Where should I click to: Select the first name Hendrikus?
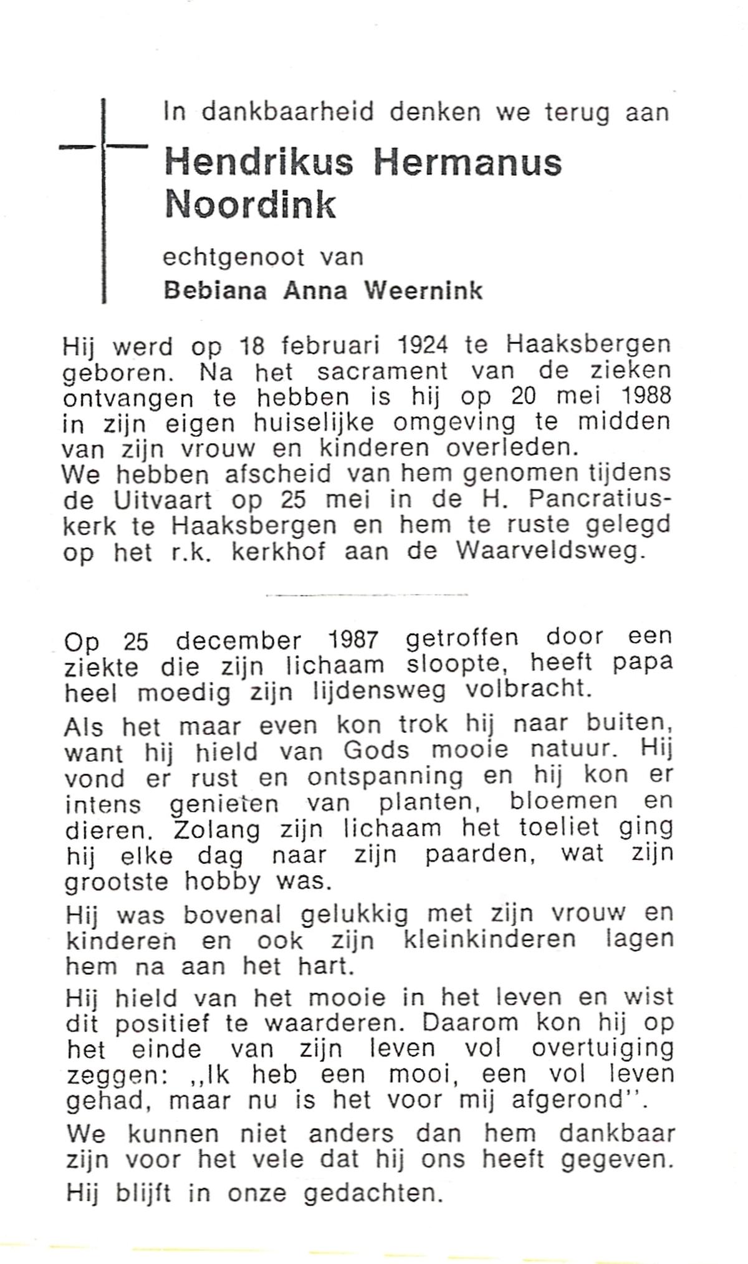click(x=259, y=163)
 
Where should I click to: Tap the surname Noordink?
click(x=250, y=205)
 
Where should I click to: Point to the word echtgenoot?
click(x=234, y=257)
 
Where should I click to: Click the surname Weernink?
click(x=424, y=290)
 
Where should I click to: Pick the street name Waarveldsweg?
click(x=549, y=552)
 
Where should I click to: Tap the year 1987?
click(x=352, y=639)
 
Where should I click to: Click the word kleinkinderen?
click(x=490, y=939)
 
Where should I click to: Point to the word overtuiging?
click(x=603, y=1049)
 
